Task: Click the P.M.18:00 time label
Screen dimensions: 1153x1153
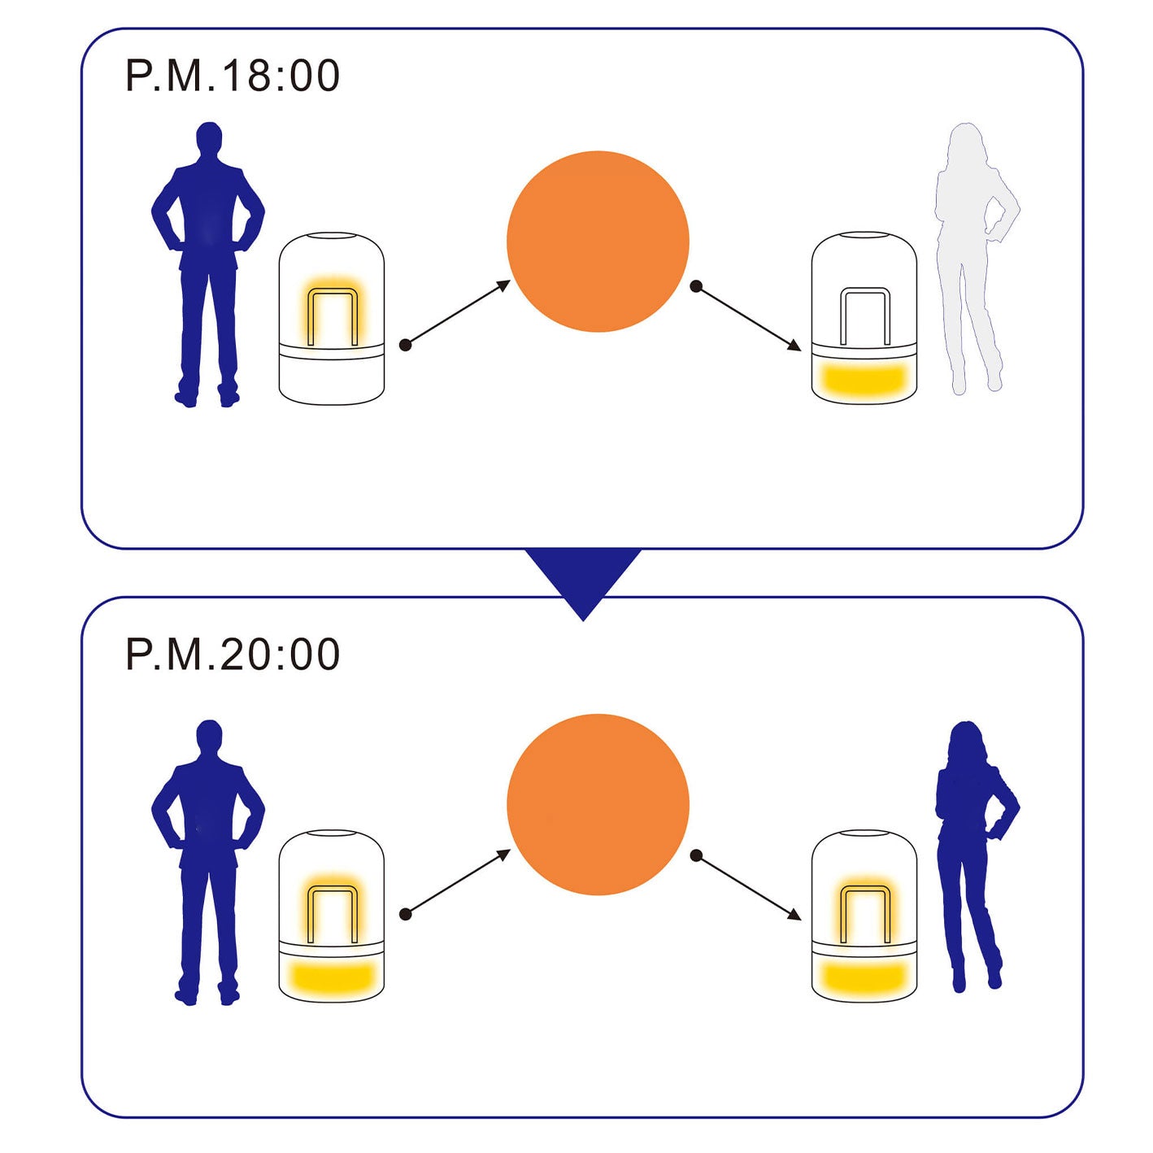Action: click(x=233, y=76)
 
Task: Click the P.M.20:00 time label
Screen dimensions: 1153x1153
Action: click(x=233, y=655)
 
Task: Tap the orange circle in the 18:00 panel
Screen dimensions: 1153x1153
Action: click(x=598, y=241)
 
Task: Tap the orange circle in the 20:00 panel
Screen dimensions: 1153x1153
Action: click(x=598, y=805)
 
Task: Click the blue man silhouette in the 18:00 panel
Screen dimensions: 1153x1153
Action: click(x=208, y=260)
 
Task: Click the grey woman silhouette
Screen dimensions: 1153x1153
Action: click(x=972, y=252)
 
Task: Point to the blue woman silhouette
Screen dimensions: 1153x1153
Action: click(x=972, y=854)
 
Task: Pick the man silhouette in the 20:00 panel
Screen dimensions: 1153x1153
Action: click(x=208, y=858)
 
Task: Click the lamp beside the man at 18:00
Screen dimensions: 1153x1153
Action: click(x=331, y=319)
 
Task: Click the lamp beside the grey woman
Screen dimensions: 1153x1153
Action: click(x=864, y=319)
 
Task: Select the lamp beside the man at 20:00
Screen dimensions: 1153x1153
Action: click(x=331, y=916)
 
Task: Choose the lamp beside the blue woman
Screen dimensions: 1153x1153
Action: click(x=864, y=916)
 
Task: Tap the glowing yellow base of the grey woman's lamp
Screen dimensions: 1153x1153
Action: click(x=864, y=378)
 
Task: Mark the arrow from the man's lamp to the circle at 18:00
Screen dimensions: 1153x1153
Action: click(x=458, y=313)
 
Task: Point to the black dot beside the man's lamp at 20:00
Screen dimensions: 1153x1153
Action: click(x=406, y=915)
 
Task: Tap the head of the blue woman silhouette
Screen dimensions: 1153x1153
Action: click(x=965, y=740)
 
